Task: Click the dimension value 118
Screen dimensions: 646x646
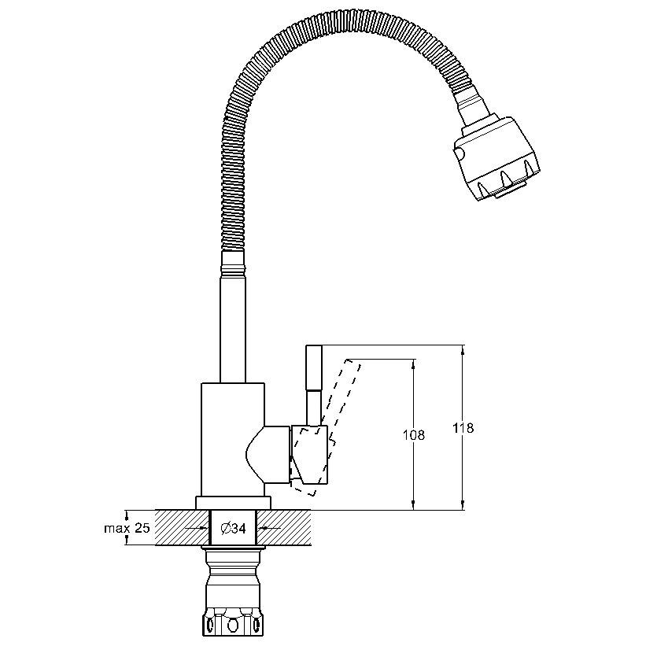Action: point(463,428)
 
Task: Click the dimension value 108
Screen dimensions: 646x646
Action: point(413,434)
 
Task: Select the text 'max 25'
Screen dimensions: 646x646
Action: point(127,528)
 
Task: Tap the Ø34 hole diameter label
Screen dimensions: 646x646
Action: point(233,528)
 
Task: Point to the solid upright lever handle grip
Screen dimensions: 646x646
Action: point(313,368)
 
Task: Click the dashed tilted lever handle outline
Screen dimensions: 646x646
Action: point(326,426)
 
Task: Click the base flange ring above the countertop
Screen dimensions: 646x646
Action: point(233,503)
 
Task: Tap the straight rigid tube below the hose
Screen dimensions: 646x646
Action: point(234,329)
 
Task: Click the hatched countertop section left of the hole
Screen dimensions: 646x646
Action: point(182,528)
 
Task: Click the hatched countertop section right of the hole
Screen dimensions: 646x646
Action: point(284,528)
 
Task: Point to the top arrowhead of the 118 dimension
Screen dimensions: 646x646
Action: point(463,350)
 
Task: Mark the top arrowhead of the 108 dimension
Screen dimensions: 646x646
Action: point(413,364)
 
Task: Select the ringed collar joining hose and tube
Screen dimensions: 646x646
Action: point(234,263)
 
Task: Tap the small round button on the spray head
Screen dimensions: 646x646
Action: point(459,154)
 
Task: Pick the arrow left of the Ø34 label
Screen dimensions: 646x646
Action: point(197,528)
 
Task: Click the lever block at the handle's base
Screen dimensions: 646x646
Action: point(310,455)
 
